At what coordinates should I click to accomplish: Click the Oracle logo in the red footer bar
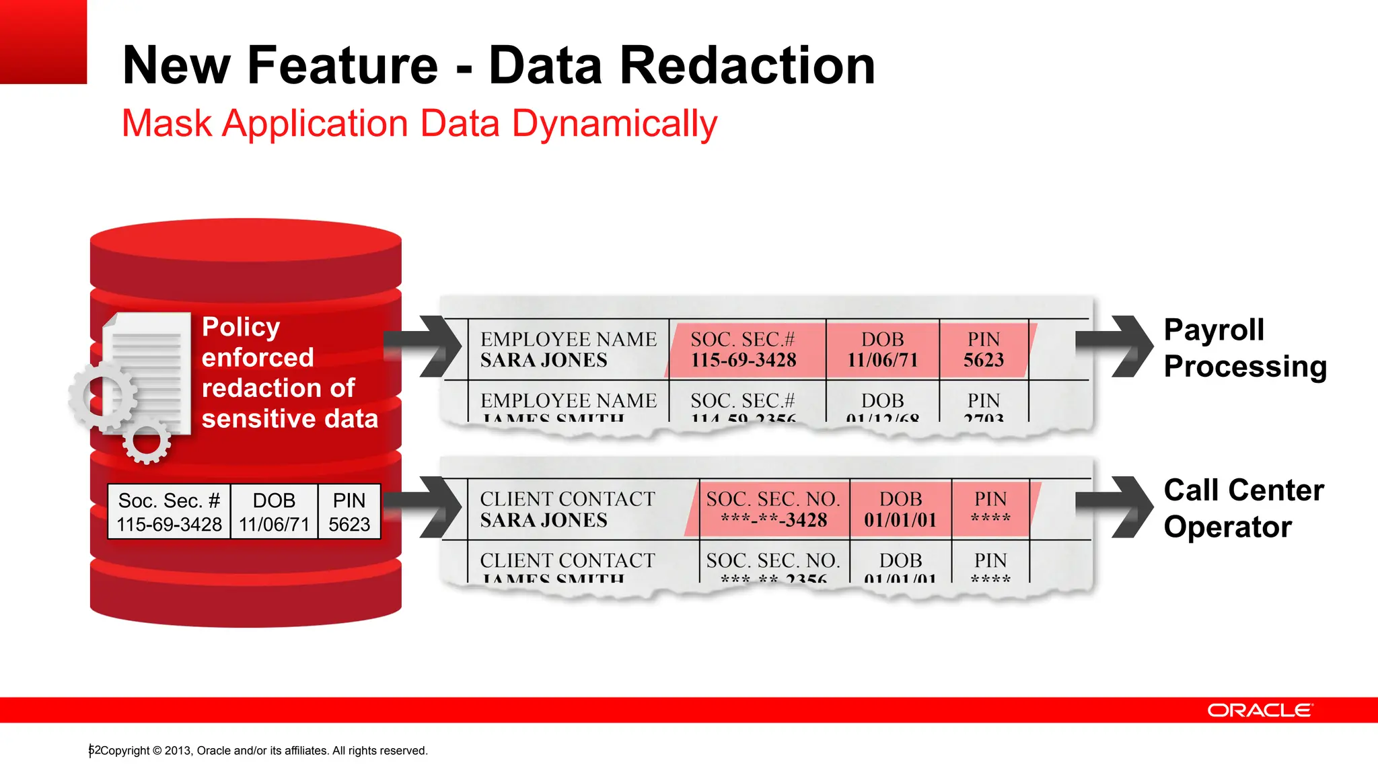click(1260, 710)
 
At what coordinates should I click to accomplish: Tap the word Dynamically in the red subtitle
click(614, 124)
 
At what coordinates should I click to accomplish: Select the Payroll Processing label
click(1244, 348)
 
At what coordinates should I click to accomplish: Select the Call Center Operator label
click(1243, 508)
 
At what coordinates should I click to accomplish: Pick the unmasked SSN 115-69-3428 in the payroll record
click(744, 361)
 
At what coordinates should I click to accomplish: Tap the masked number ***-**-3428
click(773, 520)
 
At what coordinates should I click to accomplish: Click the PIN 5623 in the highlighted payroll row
click(983, 361)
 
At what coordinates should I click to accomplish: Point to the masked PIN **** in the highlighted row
click(990, 519)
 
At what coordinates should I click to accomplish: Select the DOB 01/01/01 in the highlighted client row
click(900, 520)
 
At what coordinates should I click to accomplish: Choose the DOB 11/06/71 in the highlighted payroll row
click(882, 361)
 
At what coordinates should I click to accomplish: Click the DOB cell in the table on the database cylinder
click(274, 512)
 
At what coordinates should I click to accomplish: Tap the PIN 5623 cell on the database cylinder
click(349, 512)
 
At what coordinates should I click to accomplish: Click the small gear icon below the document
click(147, 441)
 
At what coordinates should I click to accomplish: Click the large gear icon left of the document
click(102, 397)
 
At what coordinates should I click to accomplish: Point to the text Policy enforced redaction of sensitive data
click(289, 373)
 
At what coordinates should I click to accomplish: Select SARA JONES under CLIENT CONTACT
click(544, 520)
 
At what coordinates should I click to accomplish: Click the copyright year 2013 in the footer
click(178, 751)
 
